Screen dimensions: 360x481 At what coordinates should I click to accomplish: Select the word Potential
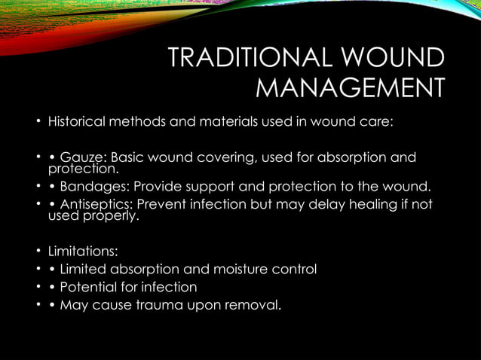coord(87,287)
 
